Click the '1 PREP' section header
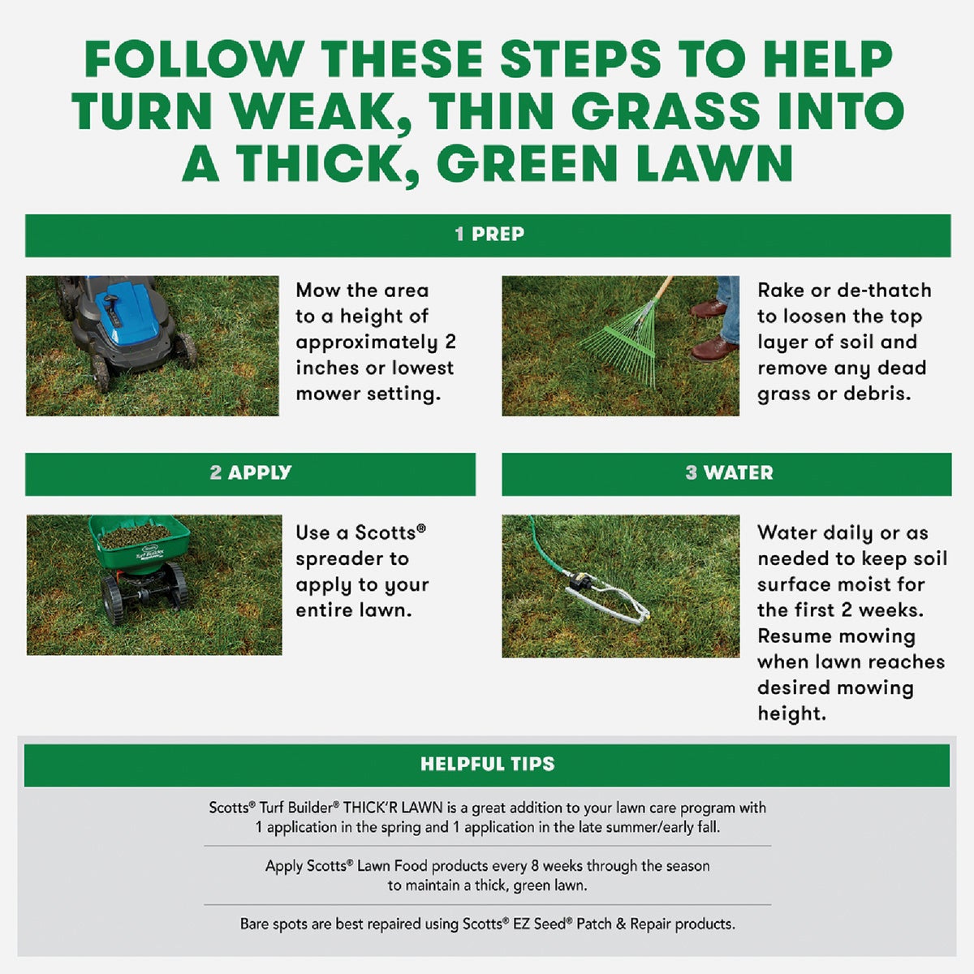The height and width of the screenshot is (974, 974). click(x=489, y=235)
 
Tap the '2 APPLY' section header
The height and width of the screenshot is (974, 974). click(x=250, y=473)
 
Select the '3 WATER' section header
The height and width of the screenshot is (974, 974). click(x=728, y=473)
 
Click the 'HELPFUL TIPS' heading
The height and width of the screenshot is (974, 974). click(x=487, y=764)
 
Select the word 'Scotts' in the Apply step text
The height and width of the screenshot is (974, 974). click(x=386, y=533)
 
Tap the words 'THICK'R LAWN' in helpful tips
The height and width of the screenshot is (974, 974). click(x=393, y=808)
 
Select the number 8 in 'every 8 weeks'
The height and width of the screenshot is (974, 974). click(x=535, y=866)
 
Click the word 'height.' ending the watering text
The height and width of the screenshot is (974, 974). click(x=791, y=714)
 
